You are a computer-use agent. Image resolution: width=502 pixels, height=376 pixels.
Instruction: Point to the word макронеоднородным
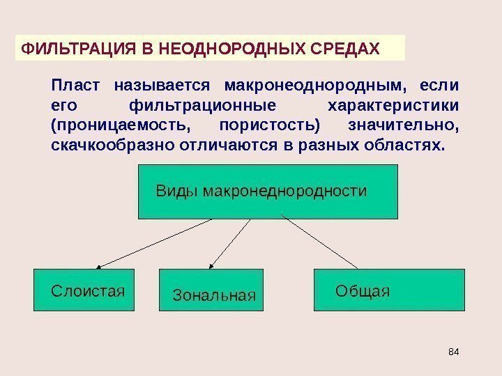coord(312,86)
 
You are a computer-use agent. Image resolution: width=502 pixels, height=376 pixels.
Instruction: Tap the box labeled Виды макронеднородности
coord(268,191)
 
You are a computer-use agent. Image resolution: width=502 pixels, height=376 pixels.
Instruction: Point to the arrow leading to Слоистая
coord(153,243)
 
